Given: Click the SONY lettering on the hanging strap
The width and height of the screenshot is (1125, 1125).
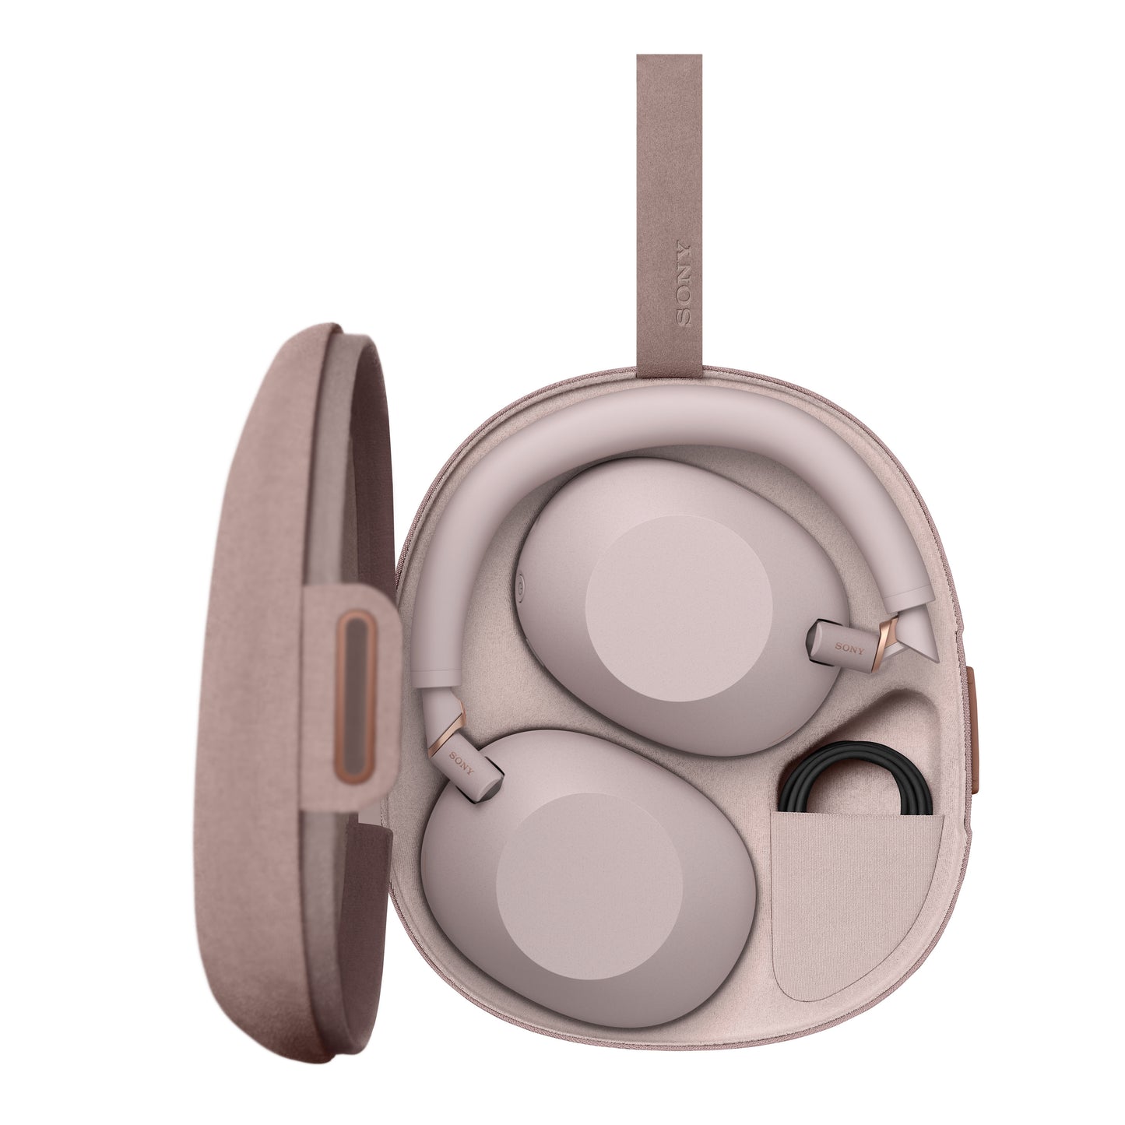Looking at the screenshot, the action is pos(683,283).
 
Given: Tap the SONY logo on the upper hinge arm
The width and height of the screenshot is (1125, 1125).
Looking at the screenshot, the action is pos(849,648).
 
